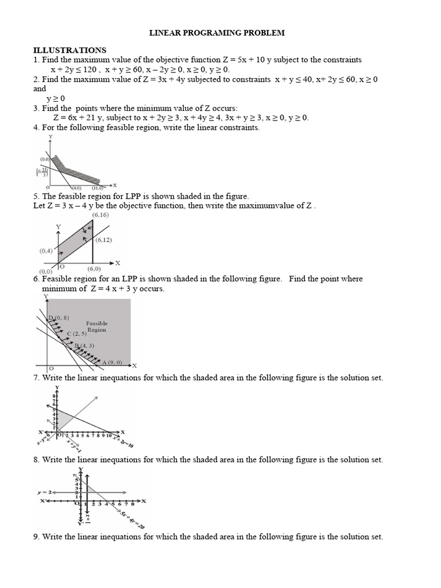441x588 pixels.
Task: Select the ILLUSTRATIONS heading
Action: [x=69, y=51]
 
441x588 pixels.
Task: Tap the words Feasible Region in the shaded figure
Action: [x=96, y=327]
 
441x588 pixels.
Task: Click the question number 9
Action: [x=36, y=537]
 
